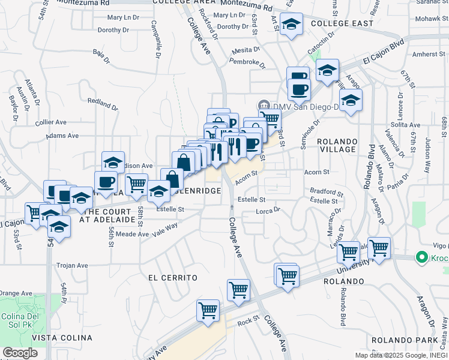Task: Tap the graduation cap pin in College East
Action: click(x=292, y=25)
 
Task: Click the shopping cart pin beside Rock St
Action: click(x=208, y=311)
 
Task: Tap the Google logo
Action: click(x=20, y=353)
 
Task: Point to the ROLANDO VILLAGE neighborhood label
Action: click(x=337, y=146)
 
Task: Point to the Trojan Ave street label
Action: click(x=72, y=265)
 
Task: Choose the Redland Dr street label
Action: click(x=102, y=106)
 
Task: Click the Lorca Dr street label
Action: click(x=268, y=211)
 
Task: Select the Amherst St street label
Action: click(x=429, y=54)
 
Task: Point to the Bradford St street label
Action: click(x=326, y=193)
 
